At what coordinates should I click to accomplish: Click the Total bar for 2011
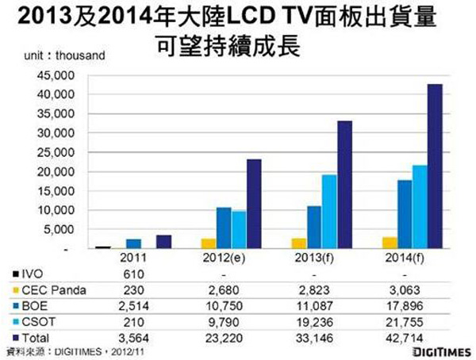(x=163, y=242)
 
